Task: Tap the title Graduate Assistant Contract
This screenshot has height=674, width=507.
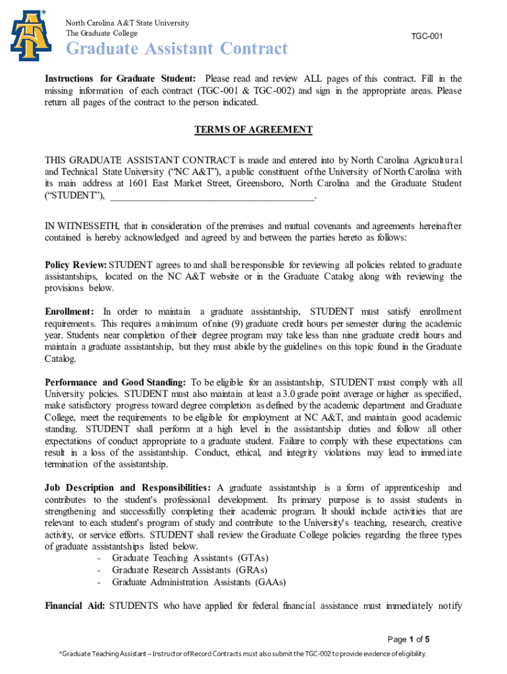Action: coord(176,49)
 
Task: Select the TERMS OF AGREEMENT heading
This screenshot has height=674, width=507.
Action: coord(254,130)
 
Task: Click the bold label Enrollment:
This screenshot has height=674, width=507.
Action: coord(69,311)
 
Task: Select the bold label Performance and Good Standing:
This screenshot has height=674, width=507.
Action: coord(115,382)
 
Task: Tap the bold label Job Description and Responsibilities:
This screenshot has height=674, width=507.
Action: coord(128,488)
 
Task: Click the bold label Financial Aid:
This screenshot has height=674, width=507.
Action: coord(74,606)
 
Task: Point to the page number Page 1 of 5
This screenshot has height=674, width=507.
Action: coord(408,639)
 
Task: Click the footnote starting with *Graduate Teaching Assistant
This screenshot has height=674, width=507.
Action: coord(243,654)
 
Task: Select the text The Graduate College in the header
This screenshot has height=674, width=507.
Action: coord(101,33)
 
